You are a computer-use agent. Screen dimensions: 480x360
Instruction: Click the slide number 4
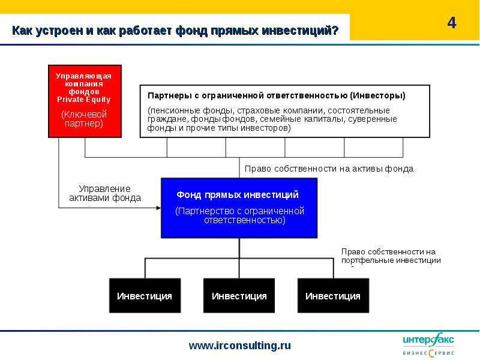452,23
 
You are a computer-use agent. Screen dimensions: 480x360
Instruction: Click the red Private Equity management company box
85,101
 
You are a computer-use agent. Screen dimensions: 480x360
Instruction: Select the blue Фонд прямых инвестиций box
239,208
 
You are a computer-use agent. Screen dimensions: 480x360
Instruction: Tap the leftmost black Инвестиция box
145,295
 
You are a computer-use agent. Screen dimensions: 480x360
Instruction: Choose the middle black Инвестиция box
239,295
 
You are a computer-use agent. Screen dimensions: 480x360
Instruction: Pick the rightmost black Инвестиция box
333,295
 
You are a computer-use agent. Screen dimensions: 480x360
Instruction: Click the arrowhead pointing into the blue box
158,208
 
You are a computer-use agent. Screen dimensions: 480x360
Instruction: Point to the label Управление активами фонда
105,193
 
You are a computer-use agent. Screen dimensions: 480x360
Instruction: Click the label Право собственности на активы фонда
329,169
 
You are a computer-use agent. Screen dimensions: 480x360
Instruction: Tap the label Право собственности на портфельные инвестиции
391,256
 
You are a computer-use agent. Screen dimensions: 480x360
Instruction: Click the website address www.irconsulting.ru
239,346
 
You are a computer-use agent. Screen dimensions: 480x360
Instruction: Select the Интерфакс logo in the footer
428,344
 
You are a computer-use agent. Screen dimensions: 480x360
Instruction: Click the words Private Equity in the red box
83,100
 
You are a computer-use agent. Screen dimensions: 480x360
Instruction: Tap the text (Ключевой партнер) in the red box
84,119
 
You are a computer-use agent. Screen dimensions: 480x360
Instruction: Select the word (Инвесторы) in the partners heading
378,95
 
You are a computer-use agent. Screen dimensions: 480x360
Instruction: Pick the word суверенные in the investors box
373,119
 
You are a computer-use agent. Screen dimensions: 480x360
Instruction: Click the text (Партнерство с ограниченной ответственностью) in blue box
239,215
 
